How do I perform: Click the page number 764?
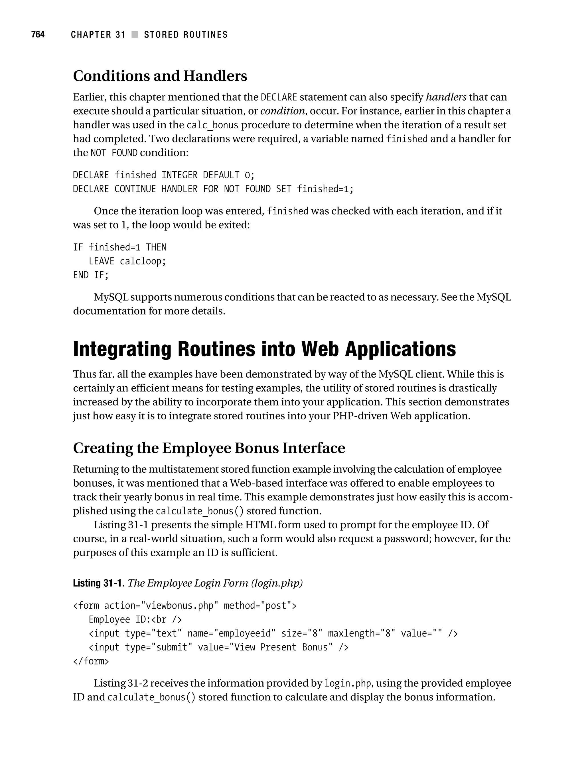pos(38,34)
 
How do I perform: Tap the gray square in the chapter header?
pos(135,34)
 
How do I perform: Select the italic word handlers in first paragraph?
pos(446,97)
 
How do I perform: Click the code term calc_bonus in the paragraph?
pos(212,125)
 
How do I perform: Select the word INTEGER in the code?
pos(179,175)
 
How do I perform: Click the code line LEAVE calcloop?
pos(127,261)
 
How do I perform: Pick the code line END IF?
pos(91,275)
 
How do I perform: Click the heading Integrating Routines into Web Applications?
pos(264,349)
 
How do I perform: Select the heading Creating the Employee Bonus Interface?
pos(209,448)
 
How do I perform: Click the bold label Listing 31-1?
pos(99,583)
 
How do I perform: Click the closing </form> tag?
pos(91,661)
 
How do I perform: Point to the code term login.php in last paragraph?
pos(348,684)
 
